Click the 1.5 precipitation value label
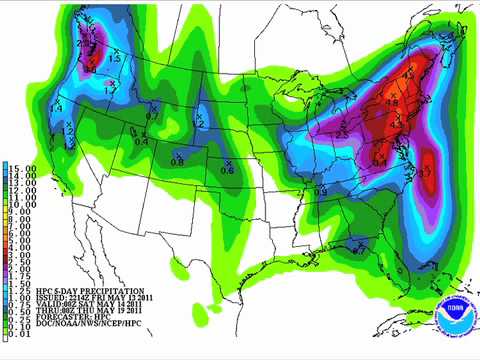[x=115, y=59]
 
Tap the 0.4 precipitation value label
[x=141, y=141]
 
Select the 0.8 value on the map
[x=177, y=161]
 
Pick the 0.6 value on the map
[x=227, y=170]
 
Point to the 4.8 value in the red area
[x=392, y=103]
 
